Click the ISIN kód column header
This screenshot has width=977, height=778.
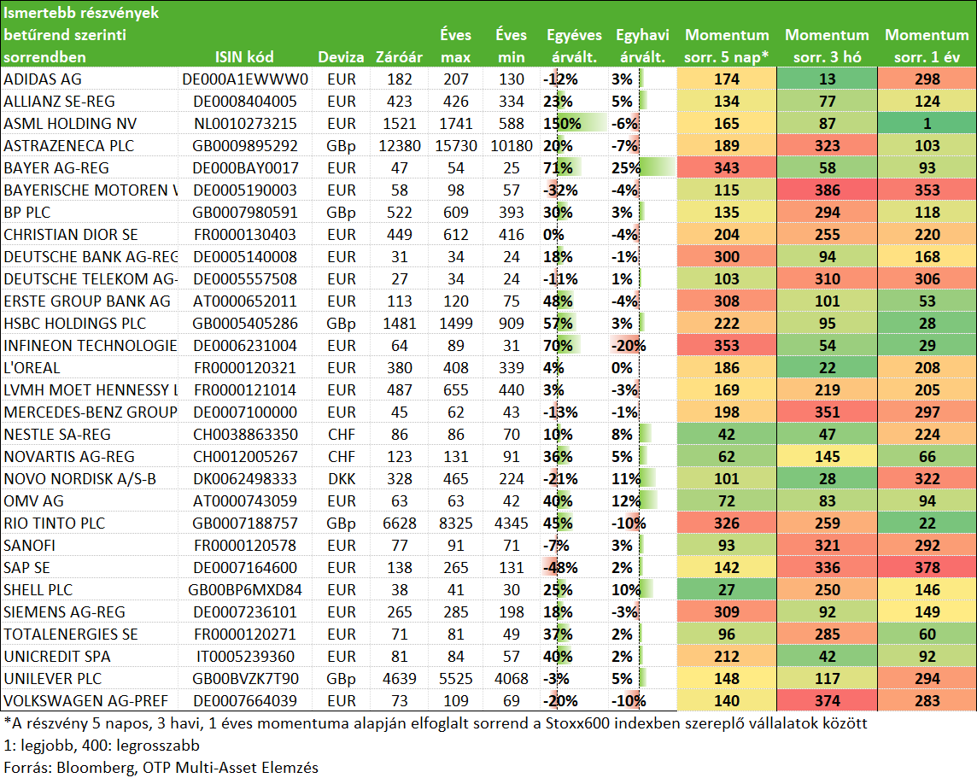[x=244, y=57]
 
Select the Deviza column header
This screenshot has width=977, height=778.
[x=341, y=57]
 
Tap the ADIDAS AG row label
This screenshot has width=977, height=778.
[x=43, y=79]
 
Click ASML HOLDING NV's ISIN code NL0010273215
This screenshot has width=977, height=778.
[x=245, y=123]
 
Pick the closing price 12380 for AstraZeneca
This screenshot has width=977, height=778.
[x=400, y=146]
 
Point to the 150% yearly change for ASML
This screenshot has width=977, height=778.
[x=562, y=123]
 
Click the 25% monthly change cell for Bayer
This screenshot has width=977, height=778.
[x=626, y=168]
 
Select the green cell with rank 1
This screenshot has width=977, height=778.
[x=927, y=123]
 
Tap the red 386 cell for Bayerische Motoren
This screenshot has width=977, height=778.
[x=828, y=190]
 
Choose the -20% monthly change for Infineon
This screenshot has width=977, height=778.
[x=628, y=346]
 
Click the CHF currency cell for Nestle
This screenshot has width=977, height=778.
[x=342, y=434]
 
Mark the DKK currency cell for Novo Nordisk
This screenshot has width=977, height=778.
[x=342, y=479]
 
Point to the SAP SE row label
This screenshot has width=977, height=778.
[x=26, y=567]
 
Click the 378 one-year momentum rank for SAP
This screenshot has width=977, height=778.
[x=927, y=567]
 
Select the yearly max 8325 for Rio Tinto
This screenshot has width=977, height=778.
[x=455, y=524]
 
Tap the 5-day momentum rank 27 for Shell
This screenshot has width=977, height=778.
[x=727, y=590]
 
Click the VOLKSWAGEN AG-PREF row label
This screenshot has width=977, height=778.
[x=86, y=701]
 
